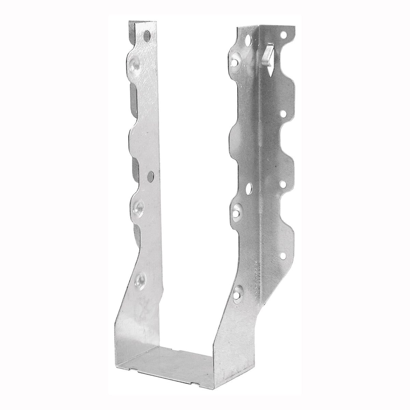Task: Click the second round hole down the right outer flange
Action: click(284, 112)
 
